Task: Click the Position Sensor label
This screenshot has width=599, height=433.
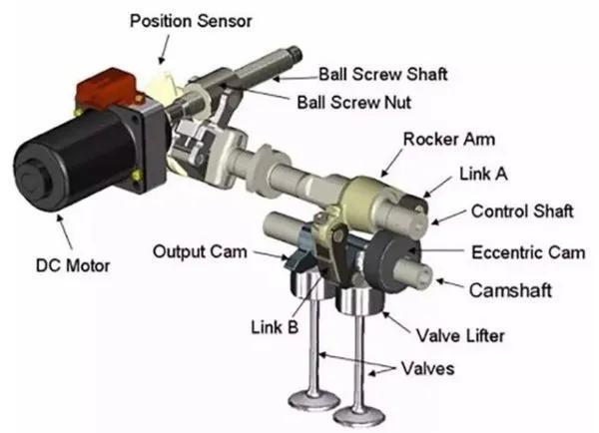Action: pos(191,21)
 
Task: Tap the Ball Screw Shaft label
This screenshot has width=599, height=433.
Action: pos(382,74)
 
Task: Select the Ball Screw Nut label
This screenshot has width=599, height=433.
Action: pos(354,103)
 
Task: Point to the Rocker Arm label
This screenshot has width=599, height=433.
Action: pos(449,139)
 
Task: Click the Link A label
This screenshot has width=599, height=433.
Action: pos(483,174)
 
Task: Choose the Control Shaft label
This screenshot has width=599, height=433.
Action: pos(522,212)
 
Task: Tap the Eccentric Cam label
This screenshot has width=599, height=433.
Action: pos(528,252)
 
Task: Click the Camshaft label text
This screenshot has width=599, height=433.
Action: pos(510,290)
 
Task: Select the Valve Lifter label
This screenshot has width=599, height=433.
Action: pos(460,335)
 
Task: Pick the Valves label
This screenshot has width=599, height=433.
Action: pos(428,368)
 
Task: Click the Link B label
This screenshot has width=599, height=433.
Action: pos(275,327)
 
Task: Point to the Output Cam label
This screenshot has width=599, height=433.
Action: pos(200,252)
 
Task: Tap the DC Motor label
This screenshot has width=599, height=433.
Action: pos(73,265)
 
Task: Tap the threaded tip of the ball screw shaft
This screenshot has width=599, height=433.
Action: pos(295,53)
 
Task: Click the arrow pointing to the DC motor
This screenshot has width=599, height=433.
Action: pos(64,232)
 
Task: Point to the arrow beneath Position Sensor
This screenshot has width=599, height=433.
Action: pos(165,49)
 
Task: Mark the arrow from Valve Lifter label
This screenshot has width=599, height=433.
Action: pos(396,322)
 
